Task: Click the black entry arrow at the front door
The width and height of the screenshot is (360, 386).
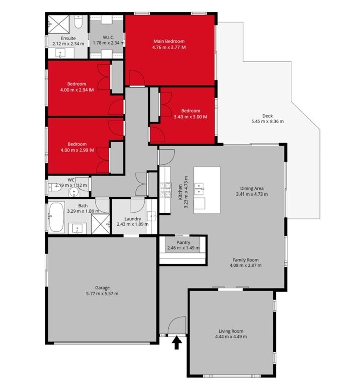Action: pos(176,343)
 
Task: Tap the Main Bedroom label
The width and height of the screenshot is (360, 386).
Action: pos(168,41)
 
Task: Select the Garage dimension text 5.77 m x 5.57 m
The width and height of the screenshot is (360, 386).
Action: pos(102,293)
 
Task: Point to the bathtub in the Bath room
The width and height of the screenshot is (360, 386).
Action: pos(56,217)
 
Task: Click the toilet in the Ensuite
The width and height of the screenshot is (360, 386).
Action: pos(78,22)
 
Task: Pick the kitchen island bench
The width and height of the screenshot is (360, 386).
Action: pos(207,190)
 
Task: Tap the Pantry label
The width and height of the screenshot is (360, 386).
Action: pos(183,242)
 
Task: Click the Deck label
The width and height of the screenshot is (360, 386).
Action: pos(267,116)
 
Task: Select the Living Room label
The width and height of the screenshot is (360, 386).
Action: pos(231,331)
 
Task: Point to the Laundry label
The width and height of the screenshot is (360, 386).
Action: pos(132,219)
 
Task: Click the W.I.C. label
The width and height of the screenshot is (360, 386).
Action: pos(108,37)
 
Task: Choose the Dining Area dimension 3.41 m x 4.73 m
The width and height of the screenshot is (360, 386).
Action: pos(252,194)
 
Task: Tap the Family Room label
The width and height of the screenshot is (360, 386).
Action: pos(246,260)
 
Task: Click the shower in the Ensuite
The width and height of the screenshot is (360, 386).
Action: pos(59,24)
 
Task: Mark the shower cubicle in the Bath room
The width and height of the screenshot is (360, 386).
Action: pos(101,224)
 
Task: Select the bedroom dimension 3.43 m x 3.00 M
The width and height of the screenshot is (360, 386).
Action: pos(191,117)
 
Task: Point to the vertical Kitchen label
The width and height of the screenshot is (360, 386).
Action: pos(180,192)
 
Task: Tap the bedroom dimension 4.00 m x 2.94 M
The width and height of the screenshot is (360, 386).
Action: pos(77,90)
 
